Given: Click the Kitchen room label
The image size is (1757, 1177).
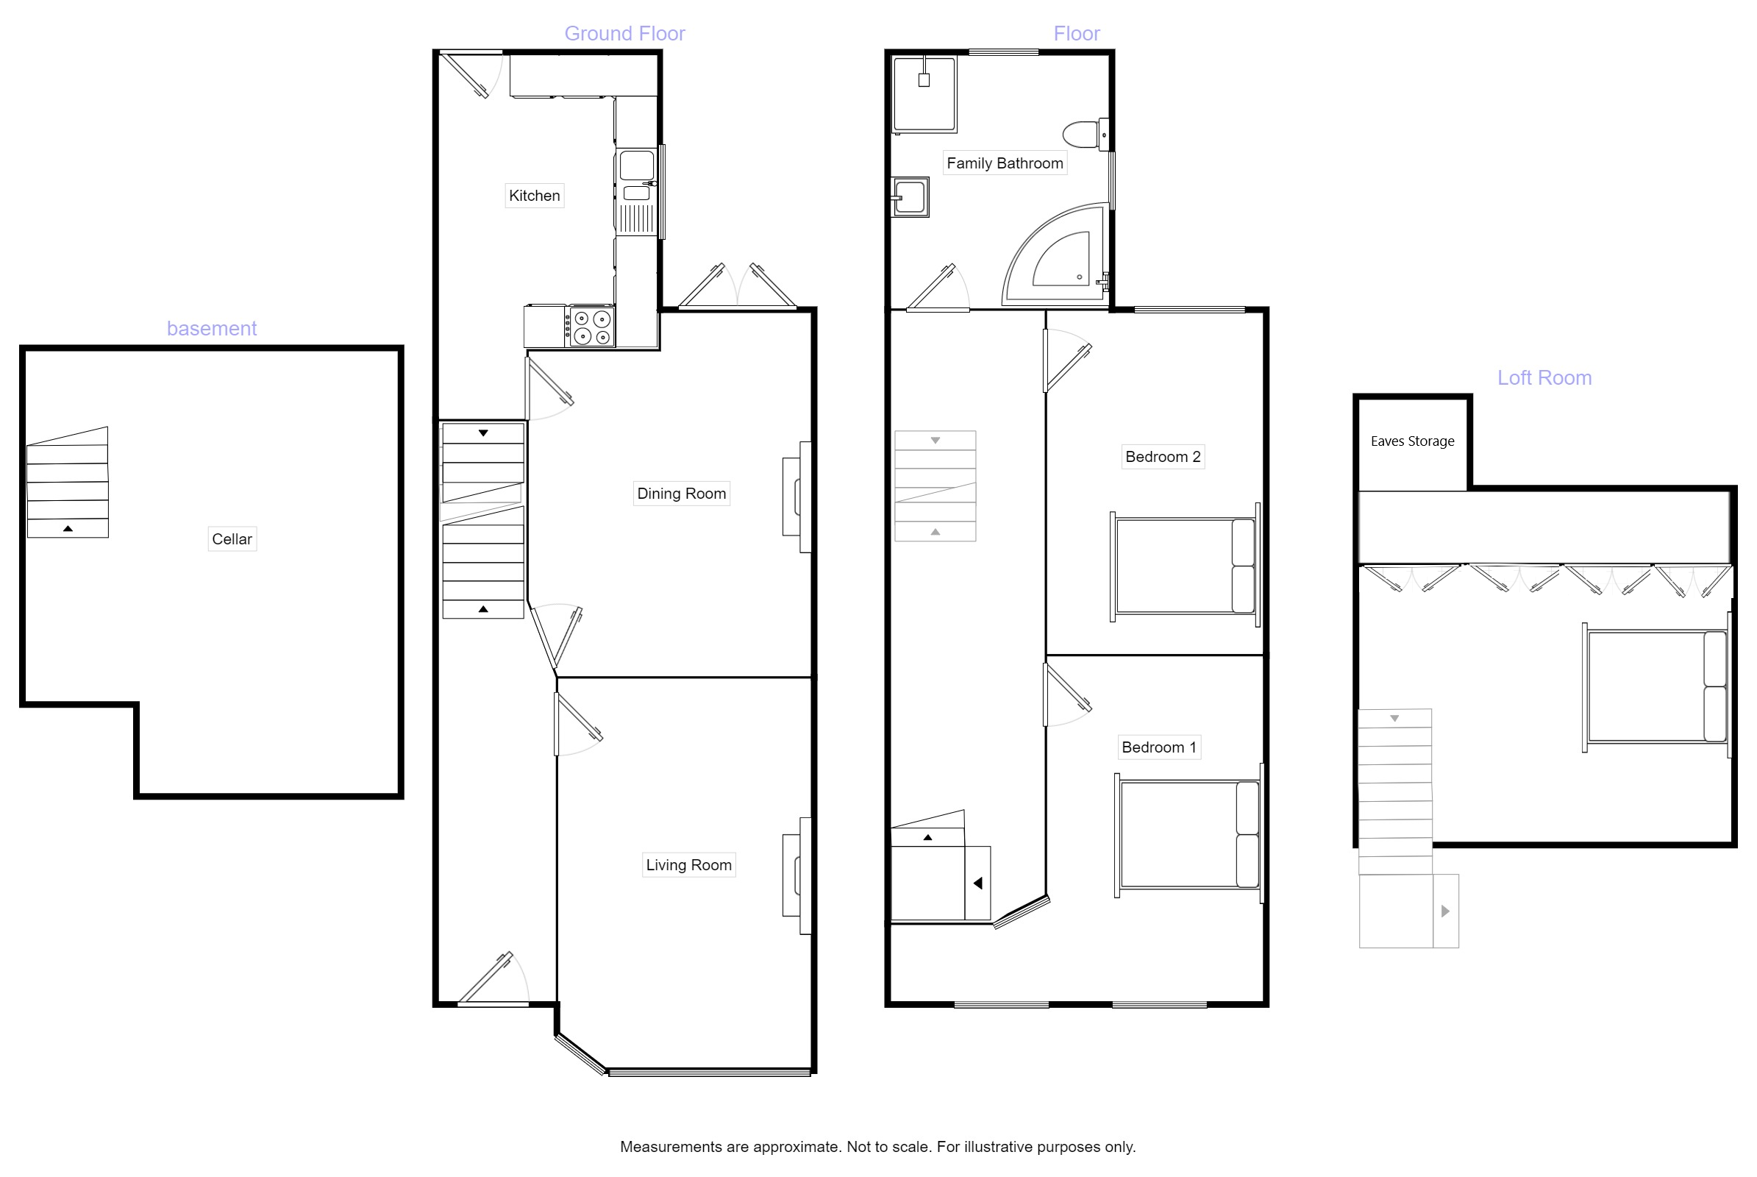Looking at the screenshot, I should (x=534, y=196).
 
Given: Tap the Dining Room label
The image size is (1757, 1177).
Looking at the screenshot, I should (x=681, y=494).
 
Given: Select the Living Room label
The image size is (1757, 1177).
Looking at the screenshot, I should (x=688, y=866).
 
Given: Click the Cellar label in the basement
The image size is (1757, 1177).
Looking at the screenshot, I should (x=232, y=539).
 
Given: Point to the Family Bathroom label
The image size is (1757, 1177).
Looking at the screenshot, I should (x=1004, y=163).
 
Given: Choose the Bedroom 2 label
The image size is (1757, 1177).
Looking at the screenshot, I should (x=1162, y=457).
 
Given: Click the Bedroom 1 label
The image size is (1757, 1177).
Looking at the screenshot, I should (x=1158, y=747).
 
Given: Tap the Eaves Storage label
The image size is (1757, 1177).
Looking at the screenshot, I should (x=1412, y=441).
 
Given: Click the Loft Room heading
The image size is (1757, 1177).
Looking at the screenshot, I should (x=1544, y=377).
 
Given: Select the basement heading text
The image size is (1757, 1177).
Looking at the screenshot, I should (x=212, y=329).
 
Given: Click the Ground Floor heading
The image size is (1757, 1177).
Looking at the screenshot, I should (x=624, y=34).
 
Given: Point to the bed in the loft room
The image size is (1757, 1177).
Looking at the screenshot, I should (x=1655, y=687).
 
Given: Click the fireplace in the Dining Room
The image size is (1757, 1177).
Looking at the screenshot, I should (x=797, y=497).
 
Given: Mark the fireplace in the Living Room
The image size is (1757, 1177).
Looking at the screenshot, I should (x=797, y=875).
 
